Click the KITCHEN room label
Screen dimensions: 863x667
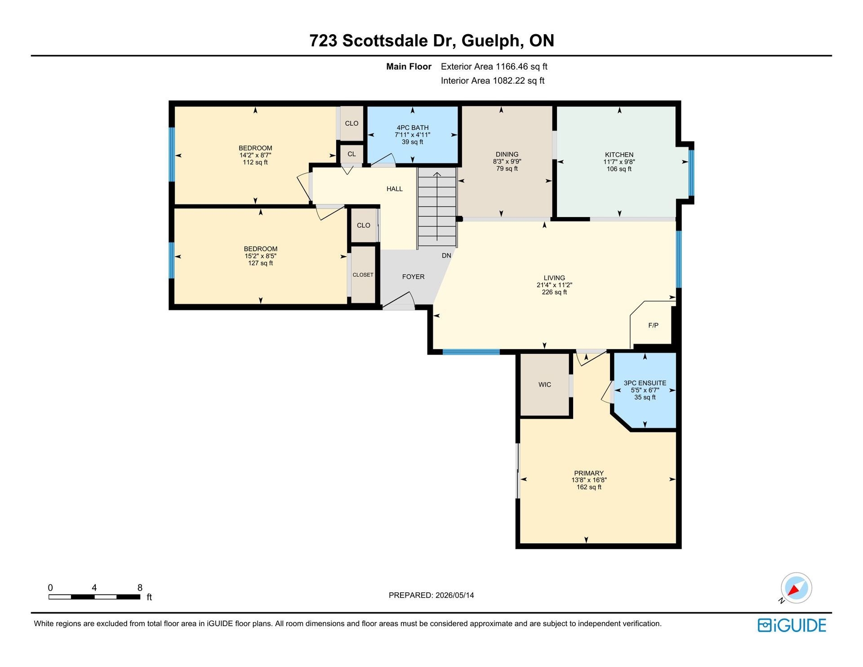[x=619, y=155]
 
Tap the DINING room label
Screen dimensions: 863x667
[x=507, y=154]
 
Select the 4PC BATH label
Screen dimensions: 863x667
[x=413, y=128]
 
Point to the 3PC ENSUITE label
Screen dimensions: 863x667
[x=645, y=383]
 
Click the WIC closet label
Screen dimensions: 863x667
[x=545, y=384]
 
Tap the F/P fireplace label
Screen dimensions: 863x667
[x=654, y=325]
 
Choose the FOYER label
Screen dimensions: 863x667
[x=414, y=276]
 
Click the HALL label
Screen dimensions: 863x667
[x=395, y=189]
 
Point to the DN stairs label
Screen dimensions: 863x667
[x=446, y=255]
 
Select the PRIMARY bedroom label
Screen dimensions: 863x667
[x=589, y=473]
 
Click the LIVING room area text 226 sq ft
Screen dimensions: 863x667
[x=554, y=292]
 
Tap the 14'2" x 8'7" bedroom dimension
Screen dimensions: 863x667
[x=255, y=155]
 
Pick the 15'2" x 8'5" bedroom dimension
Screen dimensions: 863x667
[x=261, y=256]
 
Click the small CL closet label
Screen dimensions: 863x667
[x=351, y=154]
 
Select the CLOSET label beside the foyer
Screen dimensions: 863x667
[x=363, y=275]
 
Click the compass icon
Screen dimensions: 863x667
[x=796, y=588]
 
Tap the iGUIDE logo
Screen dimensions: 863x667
[x=792, y=625]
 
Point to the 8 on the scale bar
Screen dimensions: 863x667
[x=140, y=587]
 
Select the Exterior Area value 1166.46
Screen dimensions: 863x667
[x=512, y=67]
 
